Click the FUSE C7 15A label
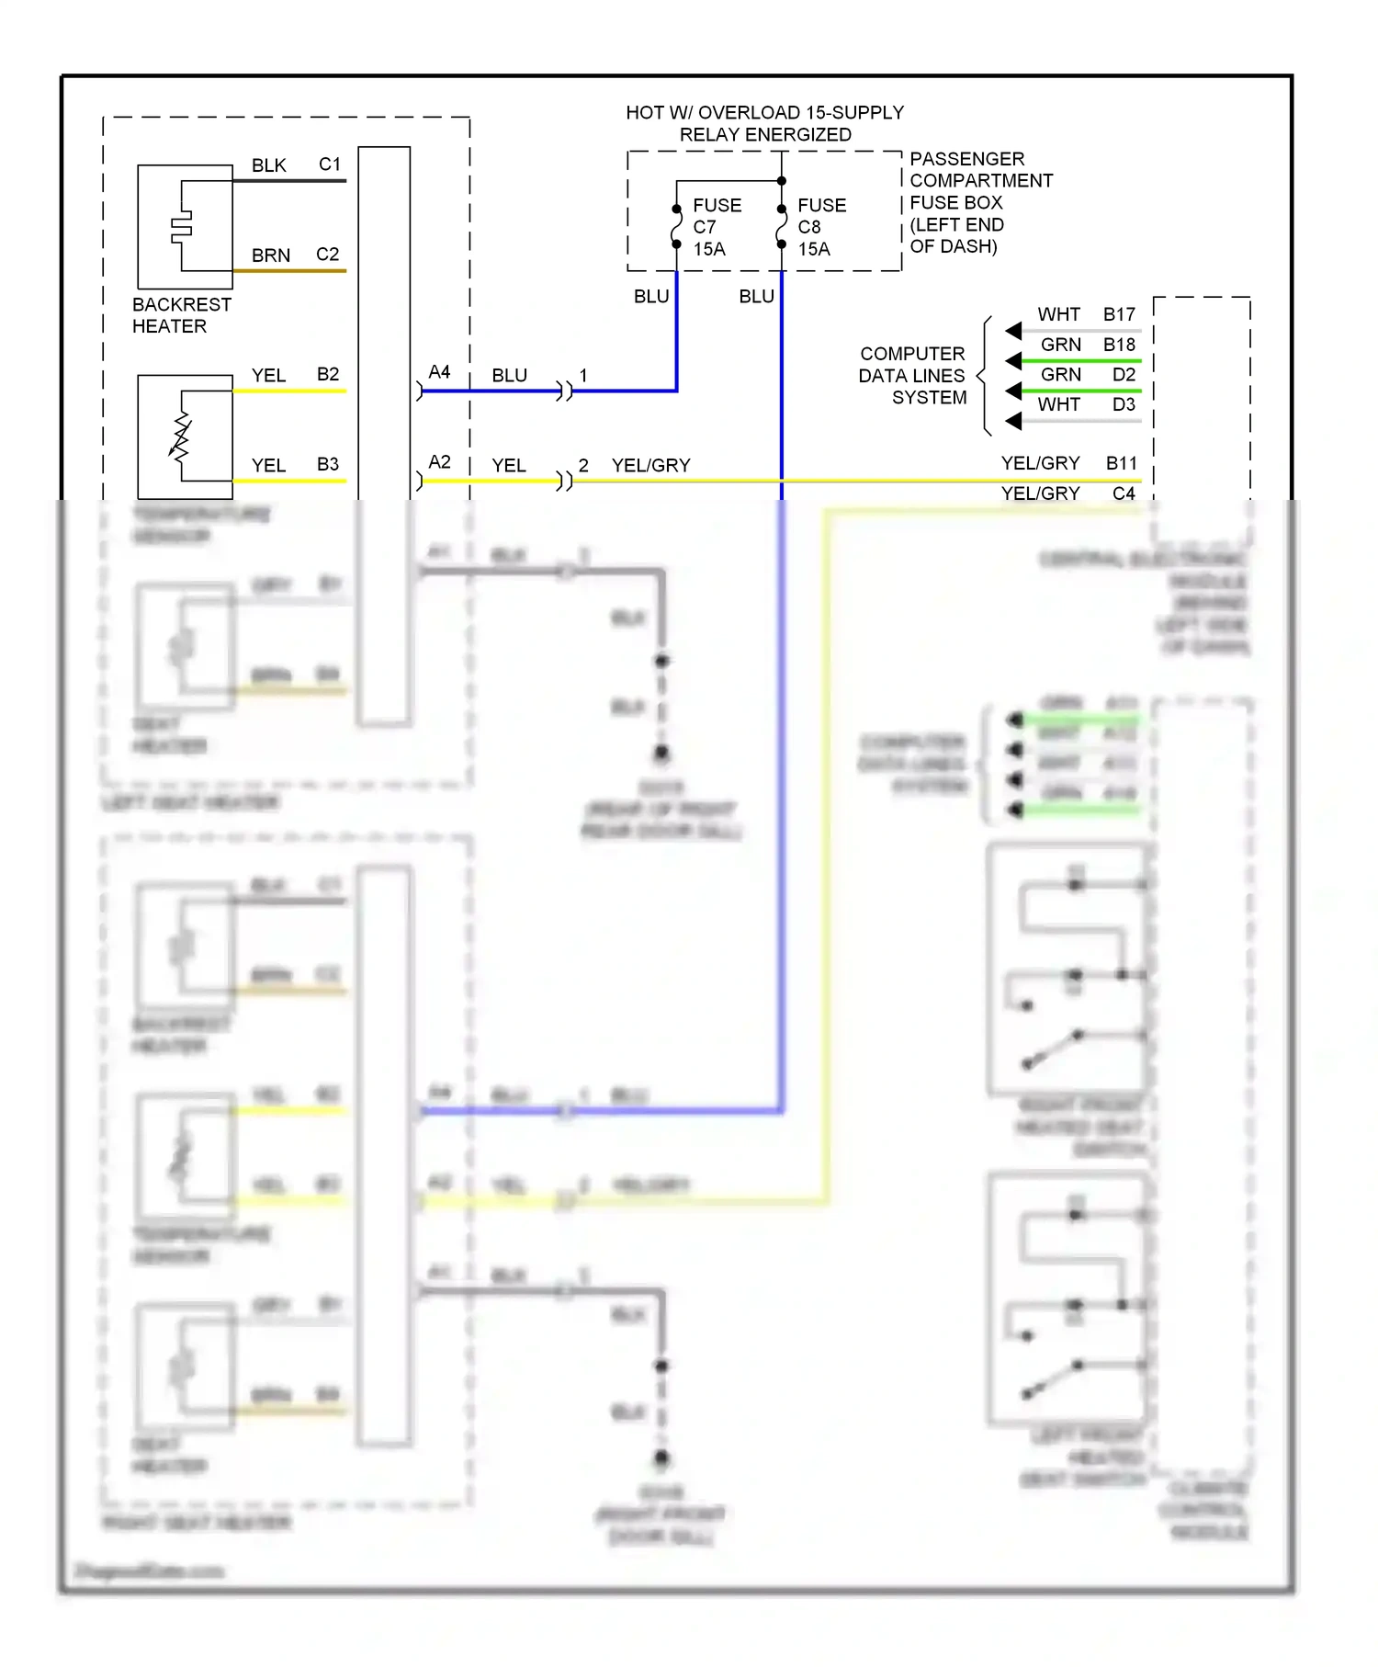tap(716, 227)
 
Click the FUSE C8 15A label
tap(820, 227)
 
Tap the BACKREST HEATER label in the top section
tap(181, 315)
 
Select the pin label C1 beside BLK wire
tap(329, 164)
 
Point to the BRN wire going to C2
tap(289, 271)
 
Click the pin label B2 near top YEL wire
tap(328, 374)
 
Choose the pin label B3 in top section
tap(328, 464)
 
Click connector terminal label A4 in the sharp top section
tap(439, 372)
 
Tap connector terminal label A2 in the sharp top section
tap(439, 462)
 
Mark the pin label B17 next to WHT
tap(1119, 314)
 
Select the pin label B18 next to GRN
tap(1119, 345)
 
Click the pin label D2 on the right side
tap(1124, 374)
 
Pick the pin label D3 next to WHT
tap(1124, 404)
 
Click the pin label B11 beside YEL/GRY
tap(1121, 463)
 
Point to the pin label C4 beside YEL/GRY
tap(1124, 493)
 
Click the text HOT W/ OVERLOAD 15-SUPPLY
tap(764, 112)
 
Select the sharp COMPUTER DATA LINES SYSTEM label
tap(912, 376)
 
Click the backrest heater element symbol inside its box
tap(182, 227)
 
